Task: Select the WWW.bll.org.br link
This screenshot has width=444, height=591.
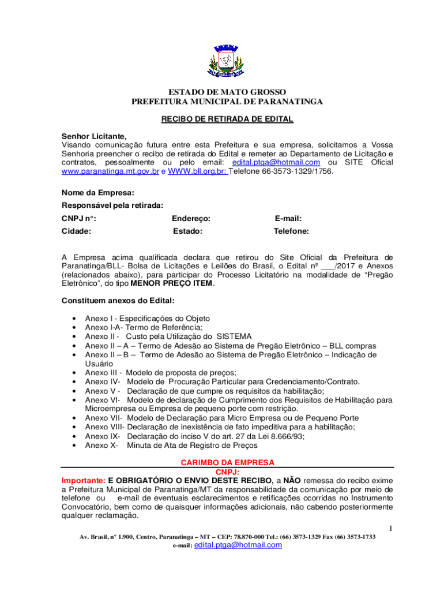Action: pos(197,171)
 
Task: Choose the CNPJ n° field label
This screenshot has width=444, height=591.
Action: pos(79,219)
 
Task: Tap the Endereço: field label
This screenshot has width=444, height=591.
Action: pos(191,219)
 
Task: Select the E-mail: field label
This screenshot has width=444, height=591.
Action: pos(288,219)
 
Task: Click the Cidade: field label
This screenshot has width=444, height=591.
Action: pos(77,231)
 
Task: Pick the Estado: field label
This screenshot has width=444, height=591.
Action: pos(188,231)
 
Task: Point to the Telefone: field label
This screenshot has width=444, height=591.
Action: pos(291,231)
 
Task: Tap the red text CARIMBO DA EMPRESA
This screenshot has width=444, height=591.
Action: pos(227,463)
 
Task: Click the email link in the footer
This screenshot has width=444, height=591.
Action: pos(238,545)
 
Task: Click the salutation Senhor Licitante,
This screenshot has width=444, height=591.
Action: pos(94,136)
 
